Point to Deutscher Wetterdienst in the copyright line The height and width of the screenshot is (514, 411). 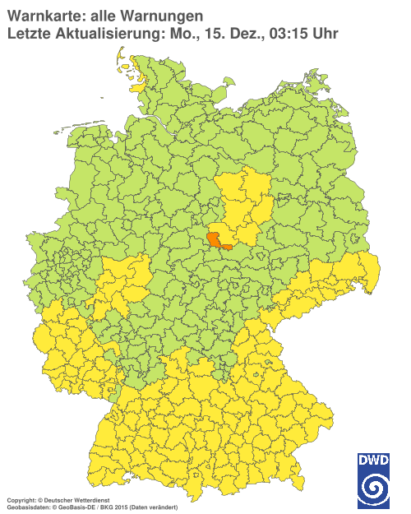(x=61, y=498)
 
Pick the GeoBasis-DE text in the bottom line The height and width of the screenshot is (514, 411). (x=73, y=505)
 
